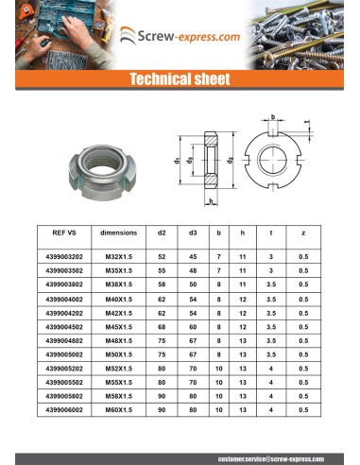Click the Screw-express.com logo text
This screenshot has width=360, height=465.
(x=190, y=37)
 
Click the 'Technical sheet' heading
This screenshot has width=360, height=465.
(x=180, y=80)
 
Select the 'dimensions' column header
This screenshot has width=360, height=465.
(x=118, y=232)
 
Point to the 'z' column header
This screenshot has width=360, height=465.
(x=302, y=232)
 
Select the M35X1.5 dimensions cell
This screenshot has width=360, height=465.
(x=118, y=270)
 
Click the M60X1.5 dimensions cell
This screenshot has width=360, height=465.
(x=118, y=410)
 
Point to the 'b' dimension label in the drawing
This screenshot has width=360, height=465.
(x=272, y=116)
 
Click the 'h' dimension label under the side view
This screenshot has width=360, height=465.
(x=214, y=201)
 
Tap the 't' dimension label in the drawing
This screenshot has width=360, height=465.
(x=308, y=121)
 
